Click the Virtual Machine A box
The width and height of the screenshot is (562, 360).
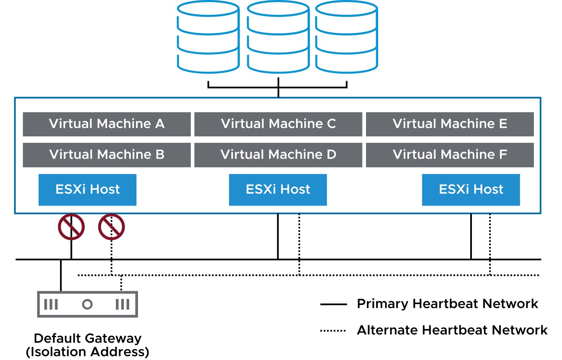tap(107, 124)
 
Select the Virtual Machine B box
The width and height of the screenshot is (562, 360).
tap(107, 155)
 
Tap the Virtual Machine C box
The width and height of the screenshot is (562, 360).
tap(278, 124)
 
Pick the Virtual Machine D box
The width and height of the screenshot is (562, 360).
tap(278, 155)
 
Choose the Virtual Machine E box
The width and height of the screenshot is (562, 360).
tap(450, 124)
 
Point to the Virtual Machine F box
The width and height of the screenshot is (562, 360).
tap(450, 155)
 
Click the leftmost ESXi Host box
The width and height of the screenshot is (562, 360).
tap(88, 190)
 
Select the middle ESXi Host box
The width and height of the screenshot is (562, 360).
tap(278, 190)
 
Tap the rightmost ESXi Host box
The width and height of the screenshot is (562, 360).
tap(471, 190)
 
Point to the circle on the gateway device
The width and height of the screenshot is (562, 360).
tap(87, 300)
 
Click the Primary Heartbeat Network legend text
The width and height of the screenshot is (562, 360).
tap(447, 304)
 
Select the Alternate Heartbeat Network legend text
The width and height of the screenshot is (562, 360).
tap(452, 330)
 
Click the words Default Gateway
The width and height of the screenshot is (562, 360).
tap(88, 338)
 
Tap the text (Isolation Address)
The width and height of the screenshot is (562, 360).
tap(88, 352)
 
